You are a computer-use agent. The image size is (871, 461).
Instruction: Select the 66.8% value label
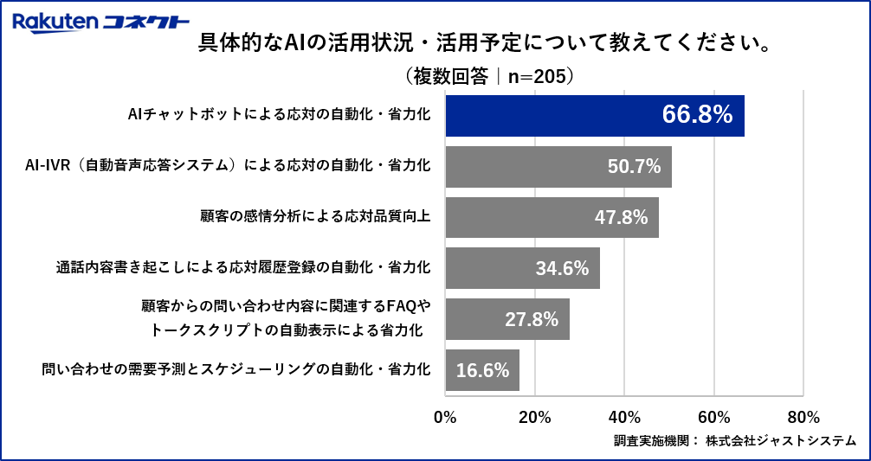pyautogui.click(x=697, y=115)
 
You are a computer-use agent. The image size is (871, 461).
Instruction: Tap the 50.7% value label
pyautogui.click(x=634, y=166)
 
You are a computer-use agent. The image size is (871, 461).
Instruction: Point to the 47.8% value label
pyautogui.click(x=621, y=217)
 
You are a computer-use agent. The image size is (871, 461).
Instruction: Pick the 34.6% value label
pyautogui.click(x=562, y=268)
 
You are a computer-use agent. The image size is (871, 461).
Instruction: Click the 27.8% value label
pyautogui.click(x=531, y=319)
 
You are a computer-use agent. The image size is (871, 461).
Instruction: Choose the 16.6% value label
pyautogui.click(x=481, y=370)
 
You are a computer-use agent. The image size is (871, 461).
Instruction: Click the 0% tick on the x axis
pyautogui.click(x=445, y=416)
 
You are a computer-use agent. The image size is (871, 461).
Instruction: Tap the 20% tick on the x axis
pyautogui.click(x=535, y=416)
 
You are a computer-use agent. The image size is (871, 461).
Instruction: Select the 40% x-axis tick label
pyautogui.click(x=624, y=416)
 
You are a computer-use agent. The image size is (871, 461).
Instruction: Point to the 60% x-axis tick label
pyautogui.click(x=714, y=416)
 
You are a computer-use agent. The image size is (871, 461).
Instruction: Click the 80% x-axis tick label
pyautogui.click(x=803, y=416)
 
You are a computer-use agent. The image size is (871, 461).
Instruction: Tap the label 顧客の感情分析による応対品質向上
pyautogui.click(x=316, y=216)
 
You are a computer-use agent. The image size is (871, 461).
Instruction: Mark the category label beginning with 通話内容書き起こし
pyautogui.click(x=243, y=267)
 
